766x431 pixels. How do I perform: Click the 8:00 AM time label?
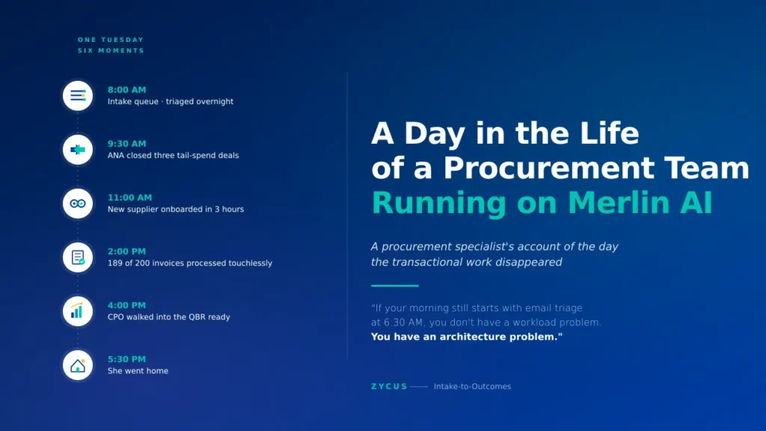(126, 90)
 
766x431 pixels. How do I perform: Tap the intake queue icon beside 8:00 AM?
(78, 96)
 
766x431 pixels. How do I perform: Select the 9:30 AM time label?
(126, 144)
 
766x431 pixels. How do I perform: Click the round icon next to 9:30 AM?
(78, 150)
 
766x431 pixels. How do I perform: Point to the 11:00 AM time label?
(129, 198)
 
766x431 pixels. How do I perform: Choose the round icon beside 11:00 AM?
(78, 204)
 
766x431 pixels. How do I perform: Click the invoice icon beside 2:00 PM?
(78, 257)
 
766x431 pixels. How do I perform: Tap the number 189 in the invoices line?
(116, 263)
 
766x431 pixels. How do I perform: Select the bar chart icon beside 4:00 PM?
(78, 311)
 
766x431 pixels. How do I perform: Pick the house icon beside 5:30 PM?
(78, 365)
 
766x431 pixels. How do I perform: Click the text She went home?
(138, 371)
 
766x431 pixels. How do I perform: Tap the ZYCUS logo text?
(389, 387)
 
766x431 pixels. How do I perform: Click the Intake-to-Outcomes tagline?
(472, 387)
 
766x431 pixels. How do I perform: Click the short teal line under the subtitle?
(394, 286)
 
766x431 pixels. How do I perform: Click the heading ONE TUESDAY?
(111, 40)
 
